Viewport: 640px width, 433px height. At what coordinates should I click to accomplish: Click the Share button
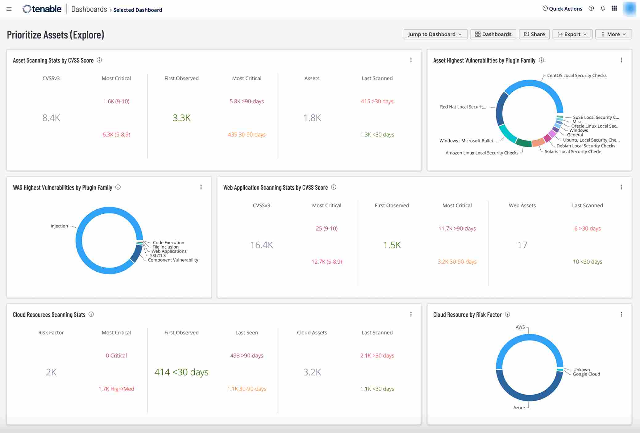[534, 34]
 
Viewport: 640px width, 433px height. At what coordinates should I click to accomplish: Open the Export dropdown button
[572, 34]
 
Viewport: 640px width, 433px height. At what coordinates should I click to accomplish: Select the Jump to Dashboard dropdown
[435, 34]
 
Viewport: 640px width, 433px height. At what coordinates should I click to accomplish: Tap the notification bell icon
[603, 9]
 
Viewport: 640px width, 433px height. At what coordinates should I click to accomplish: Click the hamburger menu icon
[9, 9]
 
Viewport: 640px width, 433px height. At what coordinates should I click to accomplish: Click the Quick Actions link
[562, 9]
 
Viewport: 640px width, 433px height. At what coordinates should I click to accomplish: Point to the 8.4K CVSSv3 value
[51, 118]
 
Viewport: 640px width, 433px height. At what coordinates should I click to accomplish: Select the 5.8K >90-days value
[247, 101]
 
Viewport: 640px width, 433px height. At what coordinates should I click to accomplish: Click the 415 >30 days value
[377, 101]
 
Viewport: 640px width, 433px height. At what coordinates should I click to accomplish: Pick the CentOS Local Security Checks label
[576, 76]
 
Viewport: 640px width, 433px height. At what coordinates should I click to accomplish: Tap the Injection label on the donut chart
[59, 226]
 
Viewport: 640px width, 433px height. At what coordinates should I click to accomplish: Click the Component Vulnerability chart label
[173, 260]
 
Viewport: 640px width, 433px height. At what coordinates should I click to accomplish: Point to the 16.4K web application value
[261, 245]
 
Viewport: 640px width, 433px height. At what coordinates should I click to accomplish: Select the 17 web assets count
[522, 245]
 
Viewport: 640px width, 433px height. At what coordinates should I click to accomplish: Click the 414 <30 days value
[181, 372]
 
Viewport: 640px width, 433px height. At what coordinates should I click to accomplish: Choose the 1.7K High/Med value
[116, 389]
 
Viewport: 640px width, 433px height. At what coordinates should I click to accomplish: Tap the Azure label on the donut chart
[519, 408]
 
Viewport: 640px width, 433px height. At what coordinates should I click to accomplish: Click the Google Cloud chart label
[586, 374]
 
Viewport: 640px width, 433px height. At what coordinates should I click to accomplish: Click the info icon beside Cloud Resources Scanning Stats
[91, 314]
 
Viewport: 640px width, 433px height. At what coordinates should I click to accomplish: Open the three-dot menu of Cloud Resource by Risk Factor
[621, 314]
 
